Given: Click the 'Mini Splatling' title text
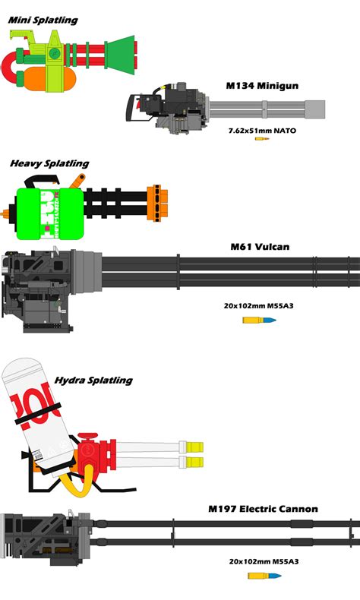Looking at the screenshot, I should click(x=43, y=20).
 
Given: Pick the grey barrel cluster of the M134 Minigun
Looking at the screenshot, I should click(x=266, y=111).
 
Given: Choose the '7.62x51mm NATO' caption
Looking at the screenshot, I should click(x=262, y=131).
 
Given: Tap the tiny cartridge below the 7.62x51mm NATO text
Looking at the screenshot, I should click(x=262, y=139).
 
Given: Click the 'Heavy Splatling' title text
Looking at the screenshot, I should click(x=49, y=163).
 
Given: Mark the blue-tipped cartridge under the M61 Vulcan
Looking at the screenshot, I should click(x=259, y=320).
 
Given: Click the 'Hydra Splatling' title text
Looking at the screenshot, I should click(x=93, y=380).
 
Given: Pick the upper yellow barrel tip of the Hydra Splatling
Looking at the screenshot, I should click(x=196, y=447).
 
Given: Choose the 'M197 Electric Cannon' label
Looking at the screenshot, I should click(x=263, y=508).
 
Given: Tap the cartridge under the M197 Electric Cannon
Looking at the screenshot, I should click(x=264, y=576).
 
